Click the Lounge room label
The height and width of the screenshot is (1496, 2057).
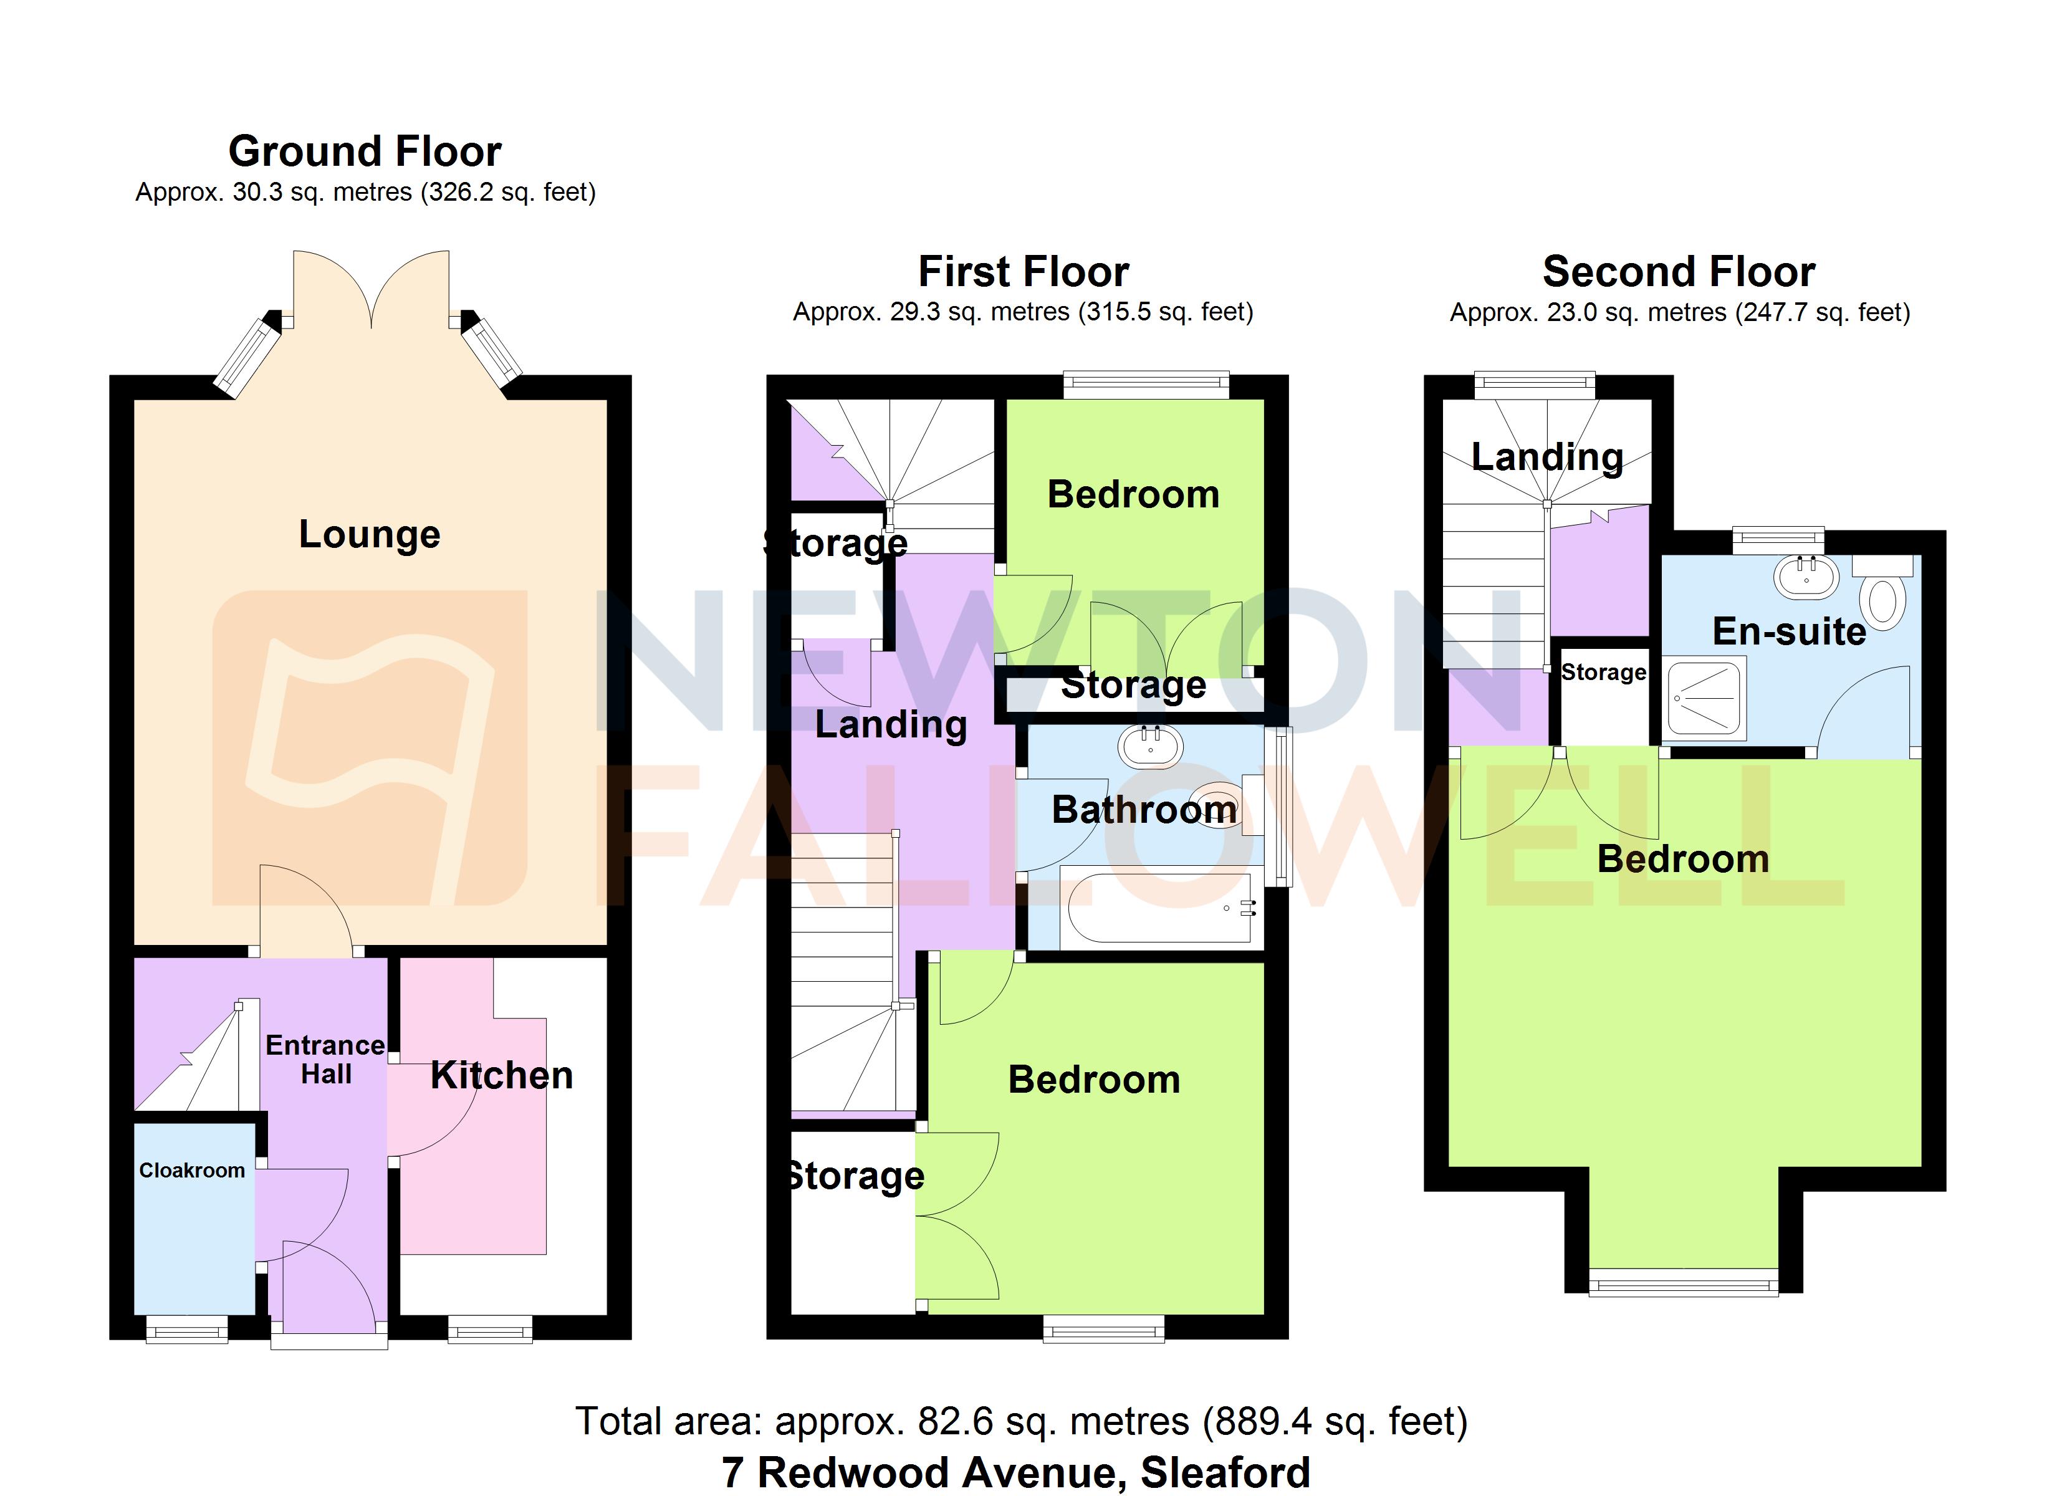coord(369,534)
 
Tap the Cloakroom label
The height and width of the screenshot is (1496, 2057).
coord(191,1171)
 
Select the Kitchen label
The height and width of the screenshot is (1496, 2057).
coord(502,1075)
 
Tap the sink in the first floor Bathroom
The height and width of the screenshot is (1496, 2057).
coord(1150,747)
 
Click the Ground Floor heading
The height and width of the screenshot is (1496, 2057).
coord(365,151)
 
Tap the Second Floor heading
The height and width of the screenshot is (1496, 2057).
coord(1679,271)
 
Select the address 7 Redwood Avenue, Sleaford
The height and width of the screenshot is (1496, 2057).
coord(1016,1472)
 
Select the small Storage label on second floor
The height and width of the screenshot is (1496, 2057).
coord(1603,672)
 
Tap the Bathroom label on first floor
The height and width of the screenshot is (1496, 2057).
coord(1144,809)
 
